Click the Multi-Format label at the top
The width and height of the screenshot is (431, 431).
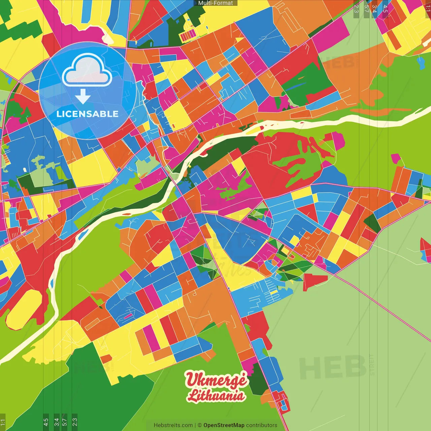(x=215, y=3)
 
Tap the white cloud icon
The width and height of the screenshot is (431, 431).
(x=87, y=71)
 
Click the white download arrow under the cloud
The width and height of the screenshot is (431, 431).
(x=82, y=97)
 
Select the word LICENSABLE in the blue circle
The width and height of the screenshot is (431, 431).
(x=87, y=114)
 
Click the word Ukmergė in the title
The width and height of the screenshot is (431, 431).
(x=216, y=380)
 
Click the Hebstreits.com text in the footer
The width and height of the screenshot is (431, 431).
(x=173, y=425)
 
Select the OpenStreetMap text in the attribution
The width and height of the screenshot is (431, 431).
(x=224, y=425)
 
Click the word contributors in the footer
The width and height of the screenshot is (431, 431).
(x=262, y=425)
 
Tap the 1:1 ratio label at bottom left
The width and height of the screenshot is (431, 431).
(x=3, y=422)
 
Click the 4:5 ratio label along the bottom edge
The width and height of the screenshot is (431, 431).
(x=46, y=422)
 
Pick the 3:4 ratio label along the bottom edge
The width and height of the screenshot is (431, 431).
(x=57, y=422)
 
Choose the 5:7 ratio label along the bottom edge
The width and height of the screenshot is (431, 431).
(x=65, y=422)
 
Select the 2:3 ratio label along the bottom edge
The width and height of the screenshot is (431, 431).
(x=75, y=422)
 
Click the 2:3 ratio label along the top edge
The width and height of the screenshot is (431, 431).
(x=356, y=9)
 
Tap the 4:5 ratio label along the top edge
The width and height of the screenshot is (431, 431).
(x=385, y=9)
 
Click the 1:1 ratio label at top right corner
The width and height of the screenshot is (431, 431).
(x=428, y=8)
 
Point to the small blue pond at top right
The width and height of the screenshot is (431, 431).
(x=421, y=62)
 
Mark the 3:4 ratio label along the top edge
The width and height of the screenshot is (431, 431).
(x=375, y=9)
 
